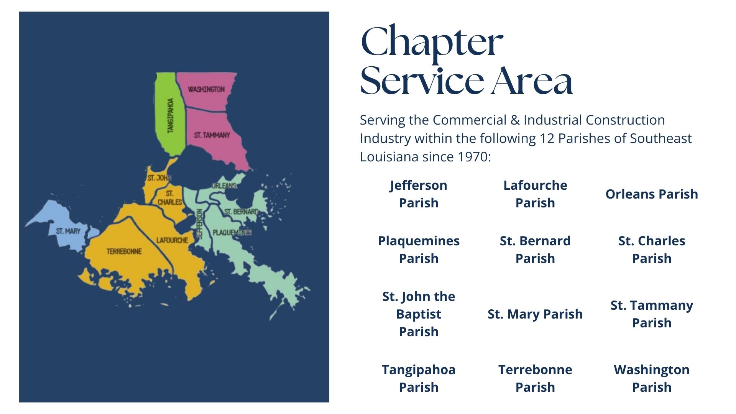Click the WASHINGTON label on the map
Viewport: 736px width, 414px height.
click(x=206, y=89)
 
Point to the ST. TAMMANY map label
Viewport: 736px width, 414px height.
click(x=212, y=135)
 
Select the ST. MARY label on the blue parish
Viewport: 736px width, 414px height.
click(x=68, y=231)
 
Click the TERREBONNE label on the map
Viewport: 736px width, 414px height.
click(x=124, y=251)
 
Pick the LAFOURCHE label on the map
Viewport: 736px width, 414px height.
click(x=172, y=240)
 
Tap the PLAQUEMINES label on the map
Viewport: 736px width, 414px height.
click(x=232, y=232)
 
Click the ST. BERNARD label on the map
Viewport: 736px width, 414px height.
click(x=241, y=212)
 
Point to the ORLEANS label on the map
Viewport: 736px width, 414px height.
click(x=224, y=186)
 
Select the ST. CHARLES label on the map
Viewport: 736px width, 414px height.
click(x=170, y=198)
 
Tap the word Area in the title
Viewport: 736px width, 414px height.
click(x=532, y=81)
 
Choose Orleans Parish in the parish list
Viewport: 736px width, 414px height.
click(x=652, y=194)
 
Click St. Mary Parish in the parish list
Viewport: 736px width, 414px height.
click(x=535, y=314)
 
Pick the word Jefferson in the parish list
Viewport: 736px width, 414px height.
click(x=419, y=186)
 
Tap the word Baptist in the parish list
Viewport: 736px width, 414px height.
click(x=419, y=314)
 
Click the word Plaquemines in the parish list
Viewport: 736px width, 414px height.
click(x=419, y=241)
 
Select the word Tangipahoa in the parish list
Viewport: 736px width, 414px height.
click(x=419, y=370)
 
